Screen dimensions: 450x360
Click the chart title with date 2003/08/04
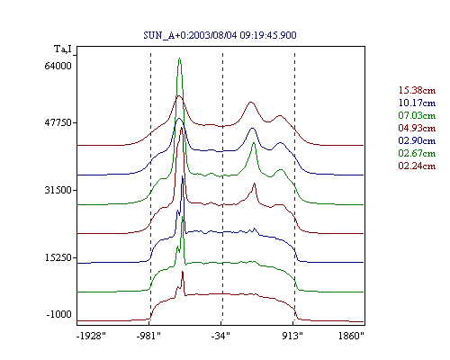220,35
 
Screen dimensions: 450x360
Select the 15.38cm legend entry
417,90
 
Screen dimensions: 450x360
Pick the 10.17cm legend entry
417,103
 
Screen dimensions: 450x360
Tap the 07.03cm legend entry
417,115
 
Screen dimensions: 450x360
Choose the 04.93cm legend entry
417,128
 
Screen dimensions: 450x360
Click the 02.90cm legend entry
417,140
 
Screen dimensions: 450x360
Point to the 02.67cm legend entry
417,153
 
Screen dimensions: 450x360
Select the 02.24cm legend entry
417,166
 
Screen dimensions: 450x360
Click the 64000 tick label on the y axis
58,66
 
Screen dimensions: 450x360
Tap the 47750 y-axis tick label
58,122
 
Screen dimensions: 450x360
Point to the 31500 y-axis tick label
58,190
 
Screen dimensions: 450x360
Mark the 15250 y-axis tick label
58,257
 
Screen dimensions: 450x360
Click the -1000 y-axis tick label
59,314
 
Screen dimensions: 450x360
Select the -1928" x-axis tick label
91,336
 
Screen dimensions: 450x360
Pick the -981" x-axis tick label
148,336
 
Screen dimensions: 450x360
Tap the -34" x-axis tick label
220,336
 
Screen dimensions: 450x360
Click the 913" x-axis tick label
292,336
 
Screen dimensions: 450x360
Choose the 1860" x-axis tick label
351,336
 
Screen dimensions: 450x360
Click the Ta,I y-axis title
63,49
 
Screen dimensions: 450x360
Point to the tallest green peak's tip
179,58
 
